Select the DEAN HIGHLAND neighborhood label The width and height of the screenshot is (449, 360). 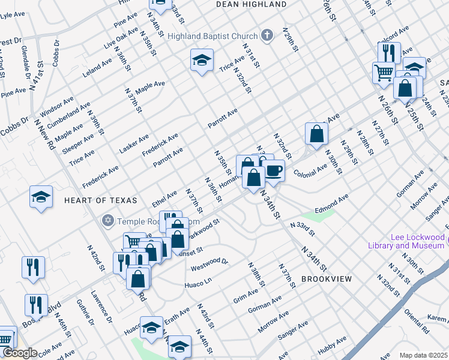(x=252, y=4)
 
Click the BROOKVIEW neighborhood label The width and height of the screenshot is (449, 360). (x=325, y=280)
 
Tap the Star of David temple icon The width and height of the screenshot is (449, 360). (x=108, y=220)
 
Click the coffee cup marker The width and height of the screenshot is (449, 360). (x=273, y=171)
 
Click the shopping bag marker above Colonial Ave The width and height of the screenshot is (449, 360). (x=316, y=134)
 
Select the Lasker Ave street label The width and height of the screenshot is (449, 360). (x=134, y=143)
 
